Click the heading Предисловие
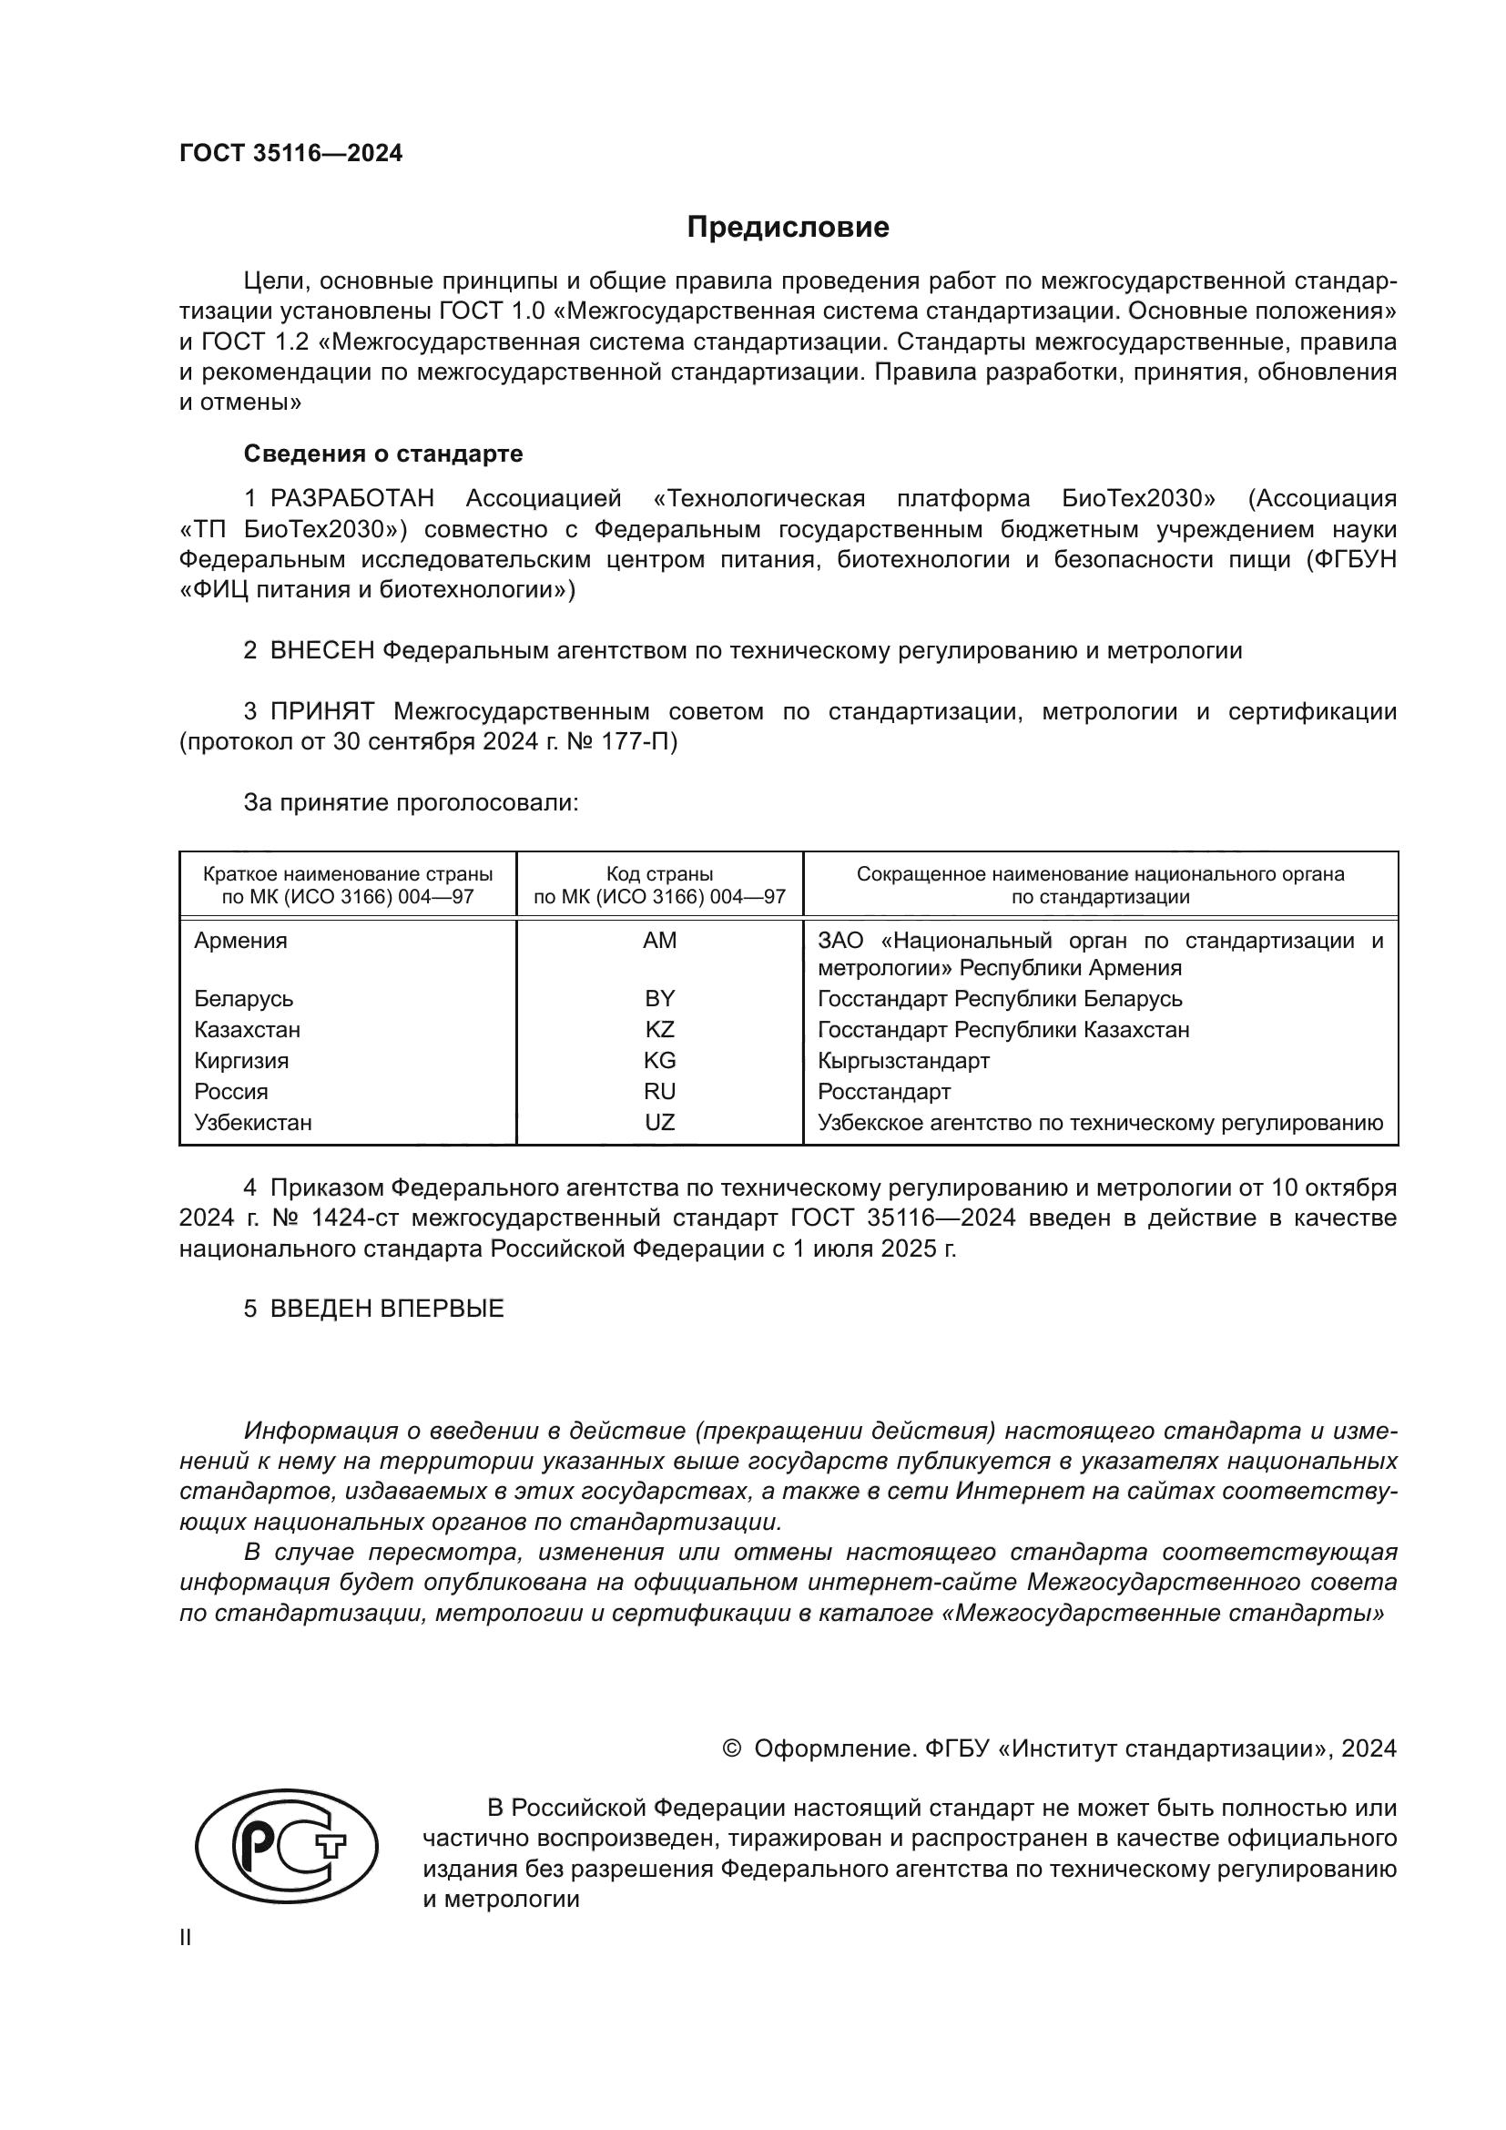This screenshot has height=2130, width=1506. coord(788,228)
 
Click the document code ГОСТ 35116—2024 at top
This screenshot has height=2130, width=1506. coord(291,154)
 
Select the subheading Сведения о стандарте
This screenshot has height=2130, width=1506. coord(383,454)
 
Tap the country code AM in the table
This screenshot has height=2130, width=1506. coord(659,941)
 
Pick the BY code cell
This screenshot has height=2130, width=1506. coord(659,999)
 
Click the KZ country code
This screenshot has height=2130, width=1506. coord(659,1030)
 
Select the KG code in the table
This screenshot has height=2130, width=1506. coord(659,1060)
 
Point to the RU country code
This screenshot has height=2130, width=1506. coord(659,1091)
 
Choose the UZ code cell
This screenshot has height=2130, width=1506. coord(659,1123)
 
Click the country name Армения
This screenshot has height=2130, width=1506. coord(240,941)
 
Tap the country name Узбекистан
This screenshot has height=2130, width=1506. coord(252,1123)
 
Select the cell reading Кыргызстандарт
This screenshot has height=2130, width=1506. coord(903,1060)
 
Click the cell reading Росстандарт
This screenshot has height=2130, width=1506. coord(884,1091)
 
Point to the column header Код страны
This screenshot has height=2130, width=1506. coord(659,874)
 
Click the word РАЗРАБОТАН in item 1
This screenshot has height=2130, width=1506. coord(351,499)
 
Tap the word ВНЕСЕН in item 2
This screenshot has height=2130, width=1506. coord(321,651)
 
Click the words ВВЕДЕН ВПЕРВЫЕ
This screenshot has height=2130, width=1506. coord(387,1309)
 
